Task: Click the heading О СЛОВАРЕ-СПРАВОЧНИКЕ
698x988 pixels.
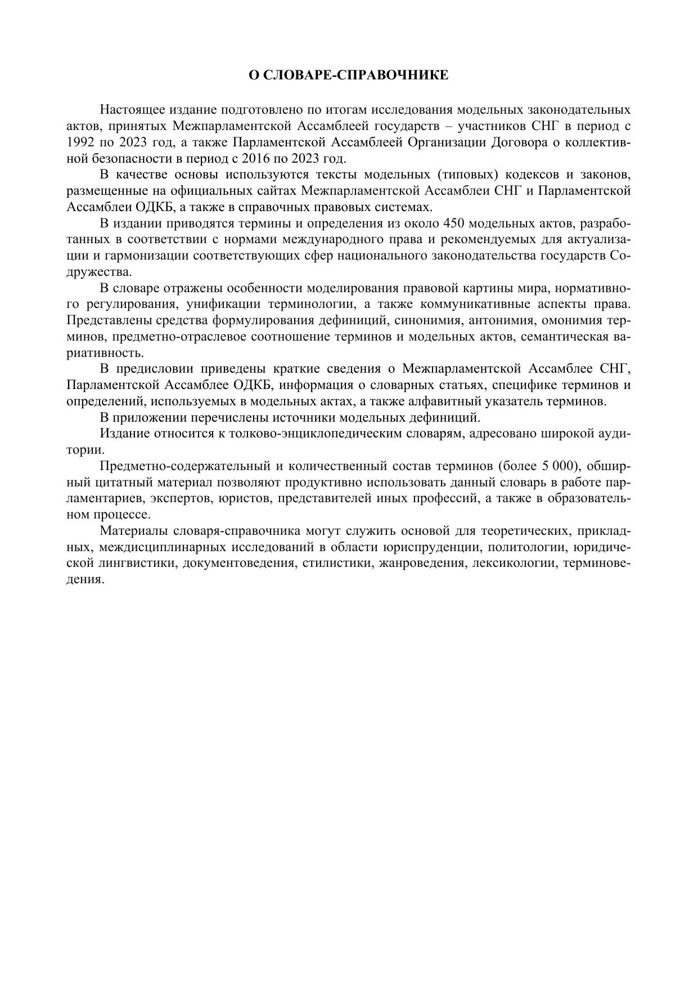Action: click(349, 75)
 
